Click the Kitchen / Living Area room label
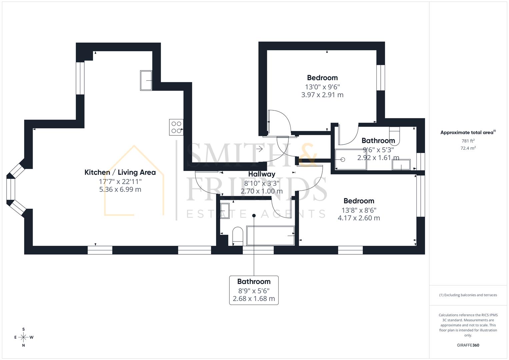(x=120, y=172)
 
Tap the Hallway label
(x=262, y=174)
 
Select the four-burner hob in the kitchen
(x=176, y=127)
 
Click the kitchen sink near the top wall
(x=146, y=80)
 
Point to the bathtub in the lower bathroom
(x=270, y=235)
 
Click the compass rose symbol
(x=23, y=337)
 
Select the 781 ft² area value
(x=468, y=141)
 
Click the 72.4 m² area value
(x=468, y=148)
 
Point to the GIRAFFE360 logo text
(x=468, y=345)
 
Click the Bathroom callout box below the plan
(x=254, y=290)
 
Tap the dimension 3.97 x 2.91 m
(x=322, y=95)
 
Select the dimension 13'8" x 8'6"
(x=359, y=210)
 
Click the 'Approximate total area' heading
(x=468, y=132)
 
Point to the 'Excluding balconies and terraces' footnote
(x=468, y=295)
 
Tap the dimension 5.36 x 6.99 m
(x=120, y=189)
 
